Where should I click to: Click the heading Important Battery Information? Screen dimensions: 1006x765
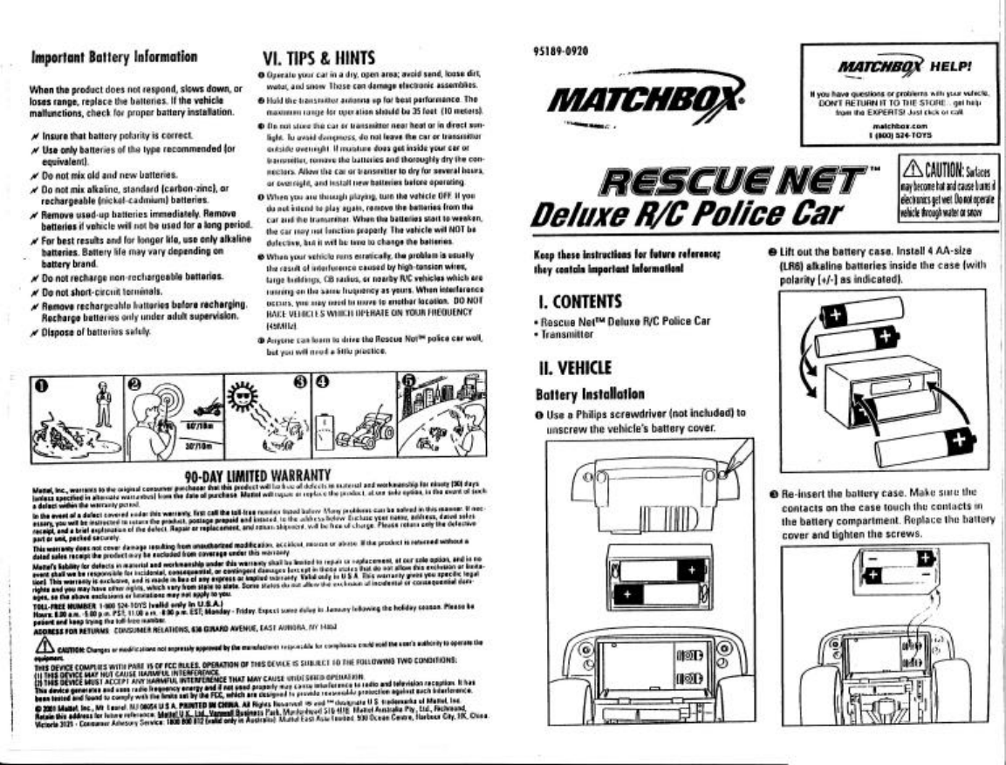click(x=113, y=59)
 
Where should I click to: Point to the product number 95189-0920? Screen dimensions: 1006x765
click(x=558, y=51)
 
